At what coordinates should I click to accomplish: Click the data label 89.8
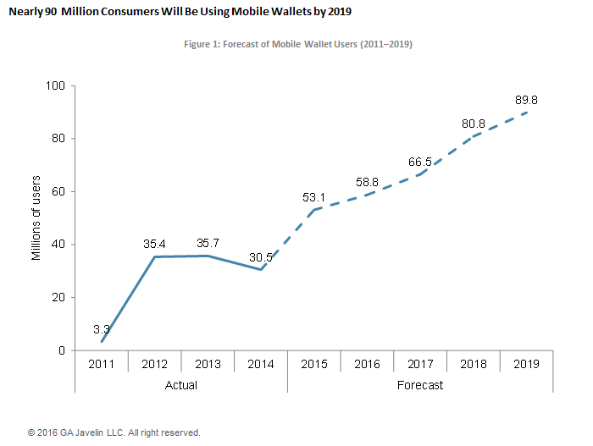pos(527,100)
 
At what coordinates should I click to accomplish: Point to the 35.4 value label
pos(155,244)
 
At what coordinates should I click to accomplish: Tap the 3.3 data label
pos(102,328)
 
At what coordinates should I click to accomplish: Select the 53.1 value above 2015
pos(315,197)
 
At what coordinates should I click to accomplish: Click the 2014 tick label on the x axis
pos(262,363)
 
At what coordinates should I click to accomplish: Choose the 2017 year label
pos(421,363)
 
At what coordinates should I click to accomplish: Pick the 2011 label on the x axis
pos(102,363)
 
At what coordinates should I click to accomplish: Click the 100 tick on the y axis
pos(55,85)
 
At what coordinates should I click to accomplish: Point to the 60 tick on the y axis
pos(58,191)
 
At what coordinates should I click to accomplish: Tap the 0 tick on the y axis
pos(62,350)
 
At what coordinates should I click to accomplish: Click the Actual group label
pos(181,385)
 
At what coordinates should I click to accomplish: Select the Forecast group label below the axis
pos(420,385)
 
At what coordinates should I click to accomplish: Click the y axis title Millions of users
pos(36,217)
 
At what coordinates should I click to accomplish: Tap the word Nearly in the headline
pos(26,12)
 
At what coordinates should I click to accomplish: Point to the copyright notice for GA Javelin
pos(114,432)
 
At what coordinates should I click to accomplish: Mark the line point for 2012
pos(155,256)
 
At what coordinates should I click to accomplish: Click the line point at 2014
pos(262,269)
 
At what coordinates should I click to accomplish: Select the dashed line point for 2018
pos(474,136)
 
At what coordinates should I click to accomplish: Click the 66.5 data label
pos(421,162)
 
